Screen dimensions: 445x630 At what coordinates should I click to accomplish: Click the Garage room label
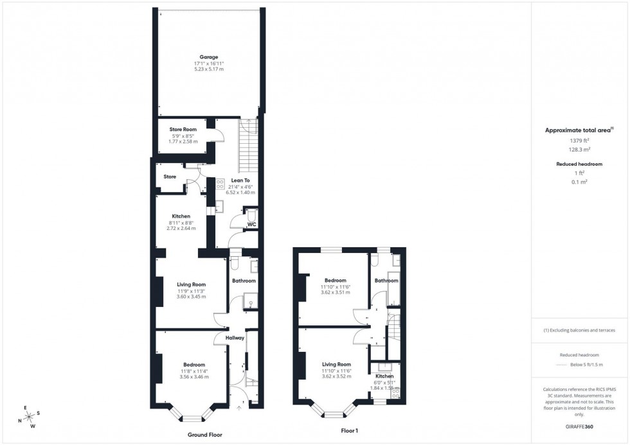(209, 57)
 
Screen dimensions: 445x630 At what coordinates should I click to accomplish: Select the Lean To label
(240, 180)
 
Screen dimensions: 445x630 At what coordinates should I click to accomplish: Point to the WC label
(252, 224)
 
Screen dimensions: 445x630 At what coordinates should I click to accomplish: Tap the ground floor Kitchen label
(181, 216)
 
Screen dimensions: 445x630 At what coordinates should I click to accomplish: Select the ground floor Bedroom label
(192, 364)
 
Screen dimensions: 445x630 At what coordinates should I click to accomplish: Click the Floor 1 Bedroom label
(335, 280)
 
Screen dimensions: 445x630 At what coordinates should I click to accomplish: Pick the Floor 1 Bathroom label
(386, 281)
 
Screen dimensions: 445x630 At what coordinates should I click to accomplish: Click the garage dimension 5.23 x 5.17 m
(209, 69)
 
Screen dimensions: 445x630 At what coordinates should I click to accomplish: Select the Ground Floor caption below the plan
(204, 435)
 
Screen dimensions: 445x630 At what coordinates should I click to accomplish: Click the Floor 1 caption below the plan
(350, 432)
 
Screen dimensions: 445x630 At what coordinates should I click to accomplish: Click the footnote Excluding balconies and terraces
(579, 330)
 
